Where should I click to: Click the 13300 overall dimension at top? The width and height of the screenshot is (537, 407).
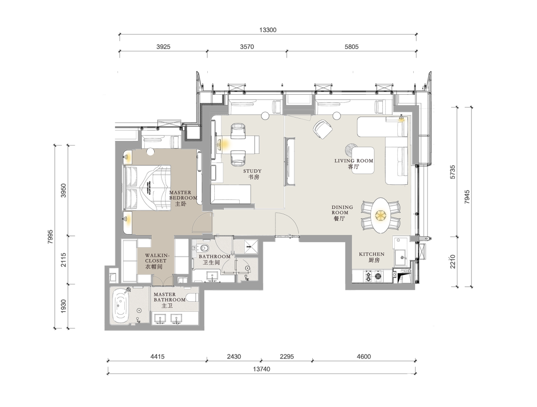268,30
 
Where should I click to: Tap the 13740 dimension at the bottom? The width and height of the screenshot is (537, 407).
262,369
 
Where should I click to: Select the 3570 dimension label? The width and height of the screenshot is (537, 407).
247,47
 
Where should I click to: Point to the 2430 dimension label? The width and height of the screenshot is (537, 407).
234,357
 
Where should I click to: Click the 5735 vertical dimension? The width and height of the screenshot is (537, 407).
452,172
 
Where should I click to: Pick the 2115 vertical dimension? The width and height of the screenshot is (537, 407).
63,260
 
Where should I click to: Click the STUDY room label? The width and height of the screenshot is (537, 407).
253,171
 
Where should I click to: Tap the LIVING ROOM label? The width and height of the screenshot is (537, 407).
354,160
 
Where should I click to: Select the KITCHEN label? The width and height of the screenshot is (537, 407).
371,254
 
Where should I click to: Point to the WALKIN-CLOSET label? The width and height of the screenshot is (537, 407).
157,258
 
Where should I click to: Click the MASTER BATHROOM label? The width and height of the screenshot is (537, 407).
169,297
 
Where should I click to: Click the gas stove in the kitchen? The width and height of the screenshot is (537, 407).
373,276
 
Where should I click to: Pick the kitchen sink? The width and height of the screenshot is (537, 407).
399,256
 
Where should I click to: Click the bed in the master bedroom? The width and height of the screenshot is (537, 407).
147,188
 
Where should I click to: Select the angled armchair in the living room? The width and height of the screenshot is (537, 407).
323,129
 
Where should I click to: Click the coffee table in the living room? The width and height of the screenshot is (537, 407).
362,160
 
